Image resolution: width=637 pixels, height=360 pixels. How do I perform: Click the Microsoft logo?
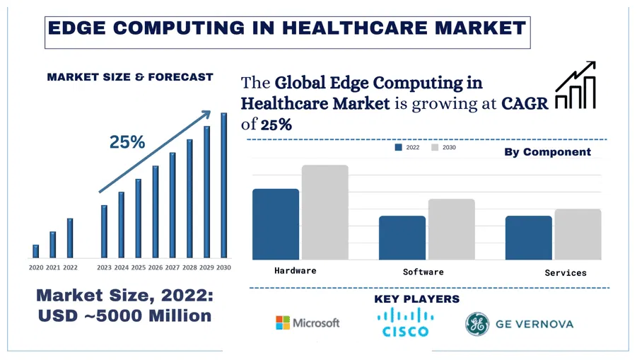click(308, 323)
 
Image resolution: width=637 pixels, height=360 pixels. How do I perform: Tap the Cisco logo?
click(405, 323)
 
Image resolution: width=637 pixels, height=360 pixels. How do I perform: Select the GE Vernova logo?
click(519, 324)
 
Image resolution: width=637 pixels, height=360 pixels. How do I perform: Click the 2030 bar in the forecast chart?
click(224, 185)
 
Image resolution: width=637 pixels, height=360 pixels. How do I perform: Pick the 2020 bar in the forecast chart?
click(36, 251)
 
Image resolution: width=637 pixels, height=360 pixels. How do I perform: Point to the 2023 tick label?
click(104, 267)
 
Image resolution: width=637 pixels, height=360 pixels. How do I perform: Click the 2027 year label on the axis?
click(173, 267)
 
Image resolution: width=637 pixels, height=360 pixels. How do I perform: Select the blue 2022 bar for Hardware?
click(276, 223)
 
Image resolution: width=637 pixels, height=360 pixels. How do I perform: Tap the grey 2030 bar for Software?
click(451, 229)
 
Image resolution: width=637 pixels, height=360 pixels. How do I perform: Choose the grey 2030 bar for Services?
click(578, 234)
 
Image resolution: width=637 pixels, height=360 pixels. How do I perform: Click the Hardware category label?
click(296, 271)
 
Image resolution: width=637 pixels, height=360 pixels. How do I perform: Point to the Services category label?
click(566, 272)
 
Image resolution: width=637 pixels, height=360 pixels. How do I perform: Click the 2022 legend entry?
click(408, 148)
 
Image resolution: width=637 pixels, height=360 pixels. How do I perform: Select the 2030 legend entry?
click(444, 148)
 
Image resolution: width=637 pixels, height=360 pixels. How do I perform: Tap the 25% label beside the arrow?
click(127, 142)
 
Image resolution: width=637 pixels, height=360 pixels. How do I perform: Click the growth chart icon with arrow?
click(575, 86)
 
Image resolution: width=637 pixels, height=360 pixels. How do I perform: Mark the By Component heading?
click(547, 152)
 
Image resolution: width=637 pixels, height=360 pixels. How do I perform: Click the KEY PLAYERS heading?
click(416, 299)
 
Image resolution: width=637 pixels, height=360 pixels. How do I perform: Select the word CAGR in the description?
click(525, 103)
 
